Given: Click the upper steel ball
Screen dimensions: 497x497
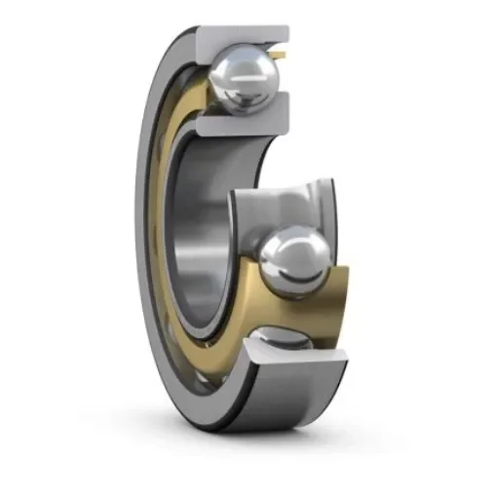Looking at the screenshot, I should [246, 78].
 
